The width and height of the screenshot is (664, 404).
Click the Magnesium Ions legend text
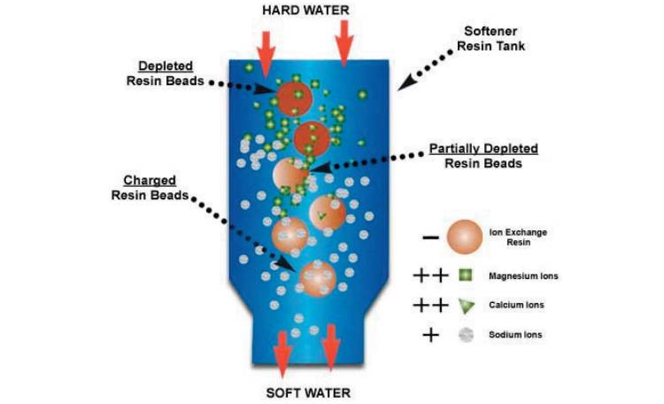[x=523, y=276]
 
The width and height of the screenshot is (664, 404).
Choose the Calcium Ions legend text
[x=516, y=305]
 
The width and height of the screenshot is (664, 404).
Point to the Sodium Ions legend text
[x=516, y=334]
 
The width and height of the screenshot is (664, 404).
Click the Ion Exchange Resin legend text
[x=518, y=237]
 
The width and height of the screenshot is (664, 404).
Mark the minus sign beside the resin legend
[x=429, y=238]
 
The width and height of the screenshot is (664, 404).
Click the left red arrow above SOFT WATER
[x=282, y=351]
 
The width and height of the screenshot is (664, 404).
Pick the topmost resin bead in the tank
[x=293, y=97]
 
